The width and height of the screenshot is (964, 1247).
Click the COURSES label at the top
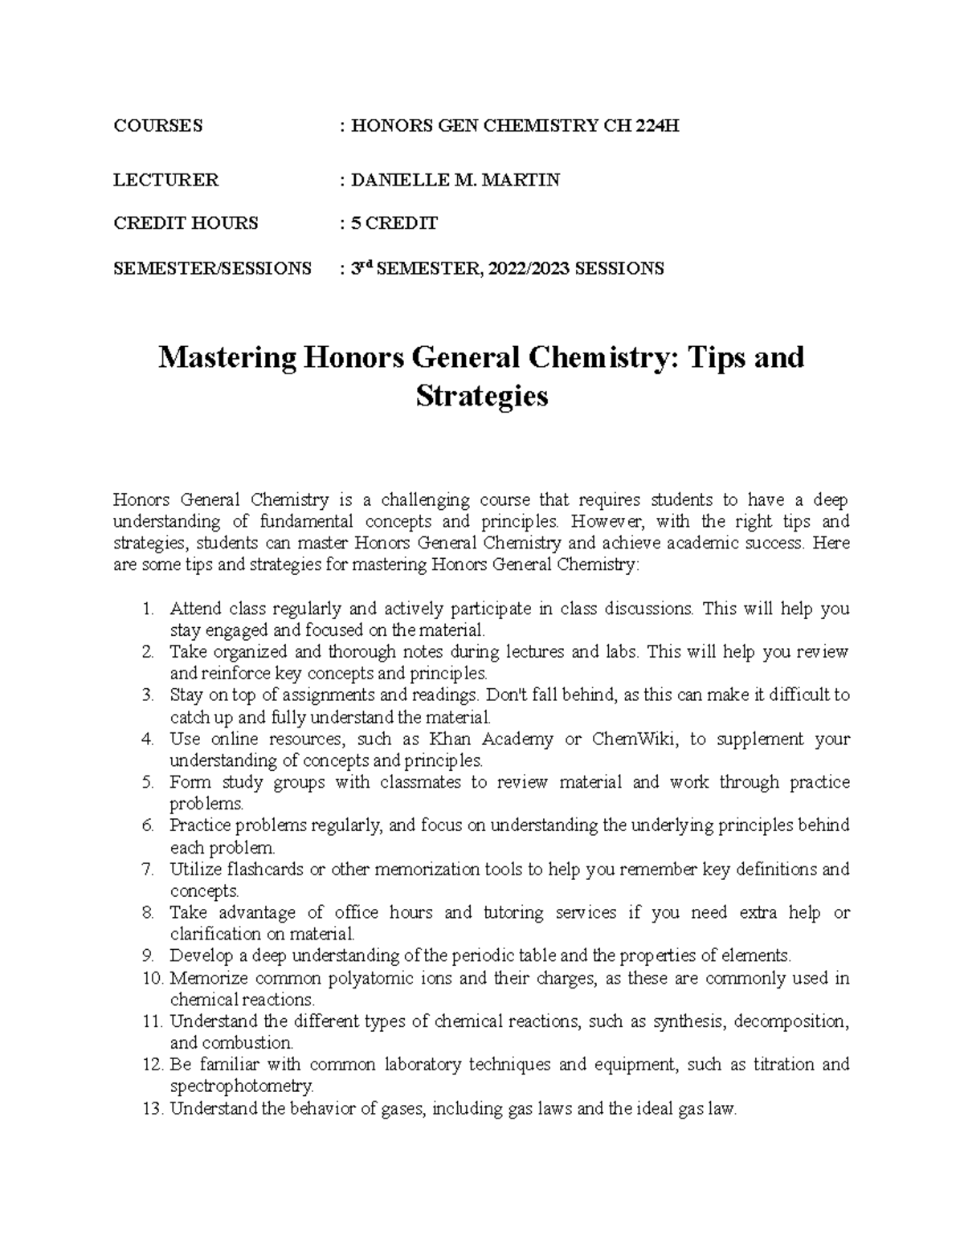(157, 125)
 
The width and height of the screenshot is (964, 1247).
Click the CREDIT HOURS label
(186, 223)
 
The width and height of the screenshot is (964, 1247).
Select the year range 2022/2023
(526, 268)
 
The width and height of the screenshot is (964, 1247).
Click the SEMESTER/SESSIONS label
(212, 268)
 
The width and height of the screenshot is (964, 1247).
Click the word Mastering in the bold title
(225, 357)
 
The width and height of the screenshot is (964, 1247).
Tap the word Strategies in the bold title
(482, 396)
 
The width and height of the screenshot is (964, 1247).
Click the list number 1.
(147, 609)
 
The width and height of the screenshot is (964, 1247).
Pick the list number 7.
(147, 869)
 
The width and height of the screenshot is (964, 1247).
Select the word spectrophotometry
(242, 1086)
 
